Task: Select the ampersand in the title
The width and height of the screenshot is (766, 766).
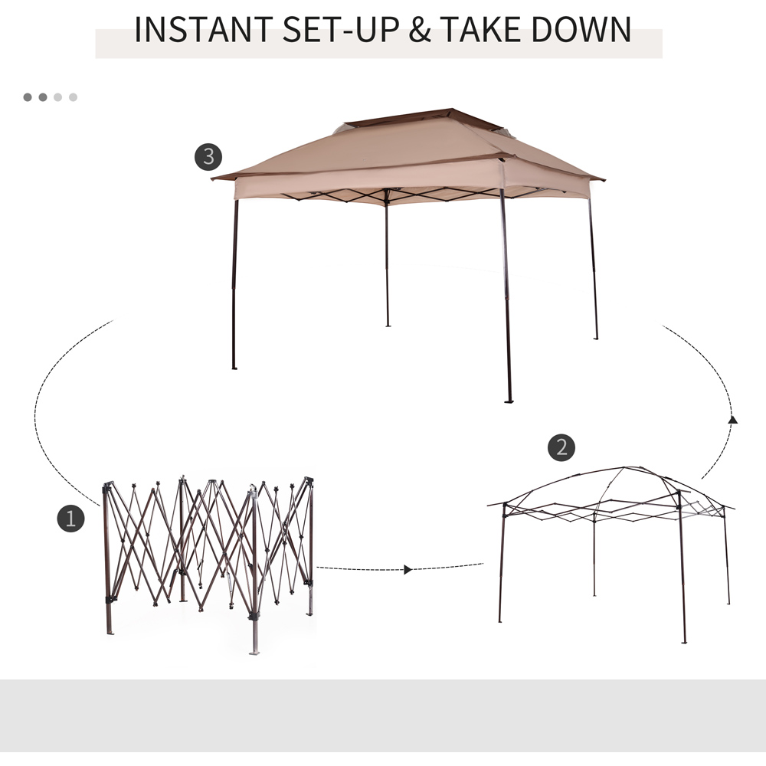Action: (420, 29)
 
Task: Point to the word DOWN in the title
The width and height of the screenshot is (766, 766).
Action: (581, 29)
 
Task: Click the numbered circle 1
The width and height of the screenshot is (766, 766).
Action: (70, 519)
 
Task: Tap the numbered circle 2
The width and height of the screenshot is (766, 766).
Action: (561, 447)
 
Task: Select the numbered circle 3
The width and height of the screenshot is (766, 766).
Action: (208, 157)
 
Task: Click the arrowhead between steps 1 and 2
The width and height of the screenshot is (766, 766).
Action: (408, 570)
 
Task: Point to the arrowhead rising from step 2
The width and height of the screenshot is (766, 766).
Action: (732, 419)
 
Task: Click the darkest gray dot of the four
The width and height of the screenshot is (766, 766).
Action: (28, 97)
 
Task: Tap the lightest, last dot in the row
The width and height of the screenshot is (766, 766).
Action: (74, 97)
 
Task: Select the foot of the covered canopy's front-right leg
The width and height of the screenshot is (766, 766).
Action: (509, 401)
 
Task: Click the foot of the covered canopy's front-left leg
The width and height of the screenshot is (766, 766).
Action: (234, 368)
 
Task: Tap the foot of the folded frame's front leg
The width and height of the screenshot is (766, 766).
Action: (254, 652)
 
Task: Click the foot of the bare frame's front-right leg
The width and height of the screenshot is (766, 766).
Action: (684, 641)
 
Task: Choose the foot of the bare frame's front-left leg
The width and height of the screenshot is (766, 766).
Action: (499, 621)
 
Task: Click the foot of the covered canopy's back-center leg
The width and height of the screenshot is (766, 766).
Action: (388, 326)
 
